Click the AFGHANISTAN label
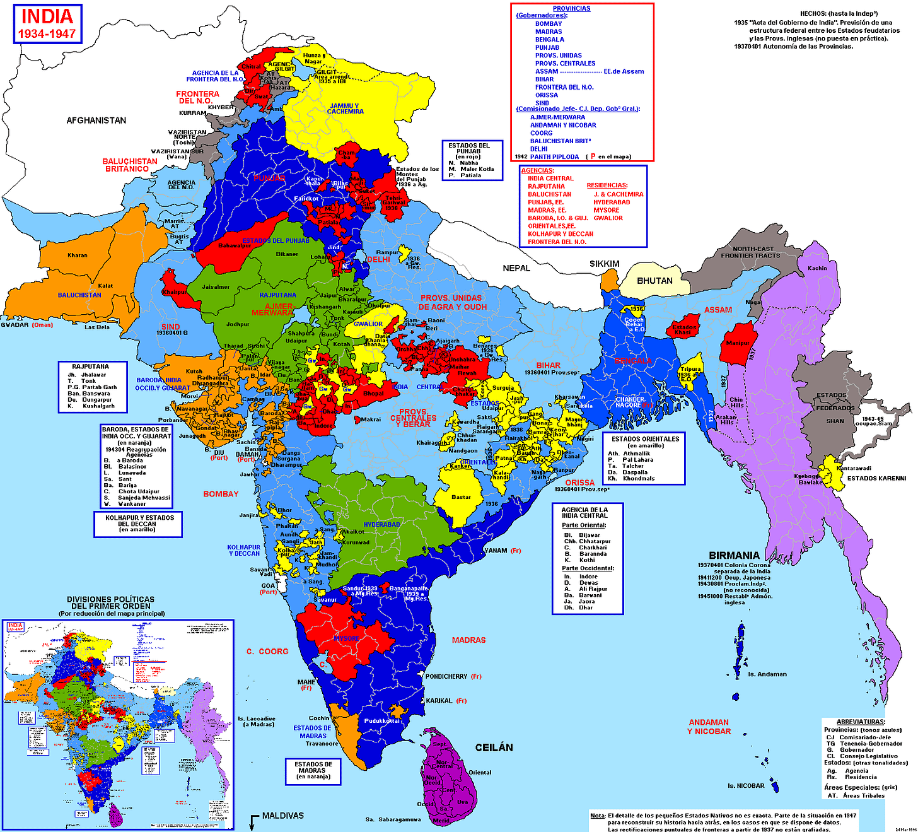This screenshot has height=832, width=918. point(96,120)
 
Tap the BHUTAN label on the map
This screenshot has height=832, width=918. point(654,281)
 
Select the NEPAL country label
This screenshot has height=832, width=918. point(516,268)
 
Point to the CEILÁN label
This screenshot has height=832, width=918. point(494,747)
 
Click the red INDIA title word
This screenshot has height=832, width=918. point(47,16)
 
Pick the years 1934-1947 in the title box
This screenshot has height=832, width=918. point(47,34)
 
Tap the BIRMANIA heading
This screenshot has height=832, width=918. point(734,556)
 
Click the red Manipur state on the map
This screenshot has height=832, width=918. point(738,343)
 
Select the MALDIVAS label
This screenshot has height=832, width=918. point(283,816)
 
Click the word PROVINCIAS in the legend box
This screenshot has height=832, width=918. point(571,9)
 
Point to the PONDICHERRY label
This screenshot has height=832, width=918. point(446,676)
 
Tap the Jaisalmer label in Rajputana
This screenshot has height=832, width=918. point(216,287)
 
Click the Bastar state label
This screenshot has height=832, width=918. point(461,497)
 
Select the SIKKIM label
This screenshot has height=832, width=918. point(604,264)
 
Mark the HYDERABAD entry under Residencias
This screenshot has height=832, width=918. point(612,202)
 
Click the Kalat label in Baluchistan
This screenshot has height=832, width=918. point(105,286)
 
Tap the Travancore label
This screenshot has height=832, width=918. point(322,744)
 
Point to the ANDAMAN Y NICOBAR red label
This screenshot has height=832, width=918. point(709,727)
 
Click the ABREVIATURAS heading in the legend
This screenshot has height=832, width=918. point(861,722)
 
